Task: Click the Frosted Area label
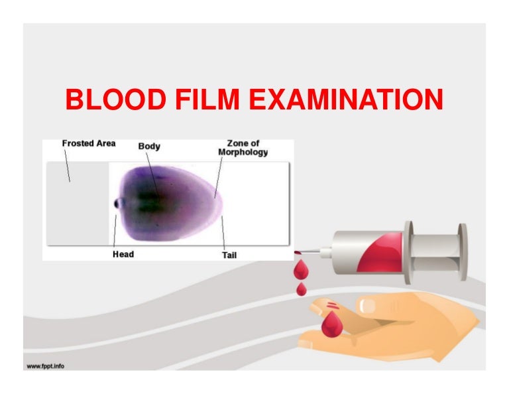pyautogui.click(x=88, y=143)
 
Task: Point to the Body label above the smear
pyautogui.click(x=149, y=146)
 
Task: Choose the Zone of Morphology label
pyautogui.click(x=243, y=147)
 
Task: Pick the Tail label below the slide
pyautogui.click(x=229, y=254)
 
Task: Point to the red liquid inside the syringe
pyautogui.click(x=382, y=251)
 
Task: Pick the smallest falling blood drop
pyautogui.click(x=302, y=289)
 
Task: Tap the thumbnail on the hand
pyautogui.click(x=368, y=306)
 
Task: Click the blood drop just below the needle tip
pyautogui.click(x=302, y=269)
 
